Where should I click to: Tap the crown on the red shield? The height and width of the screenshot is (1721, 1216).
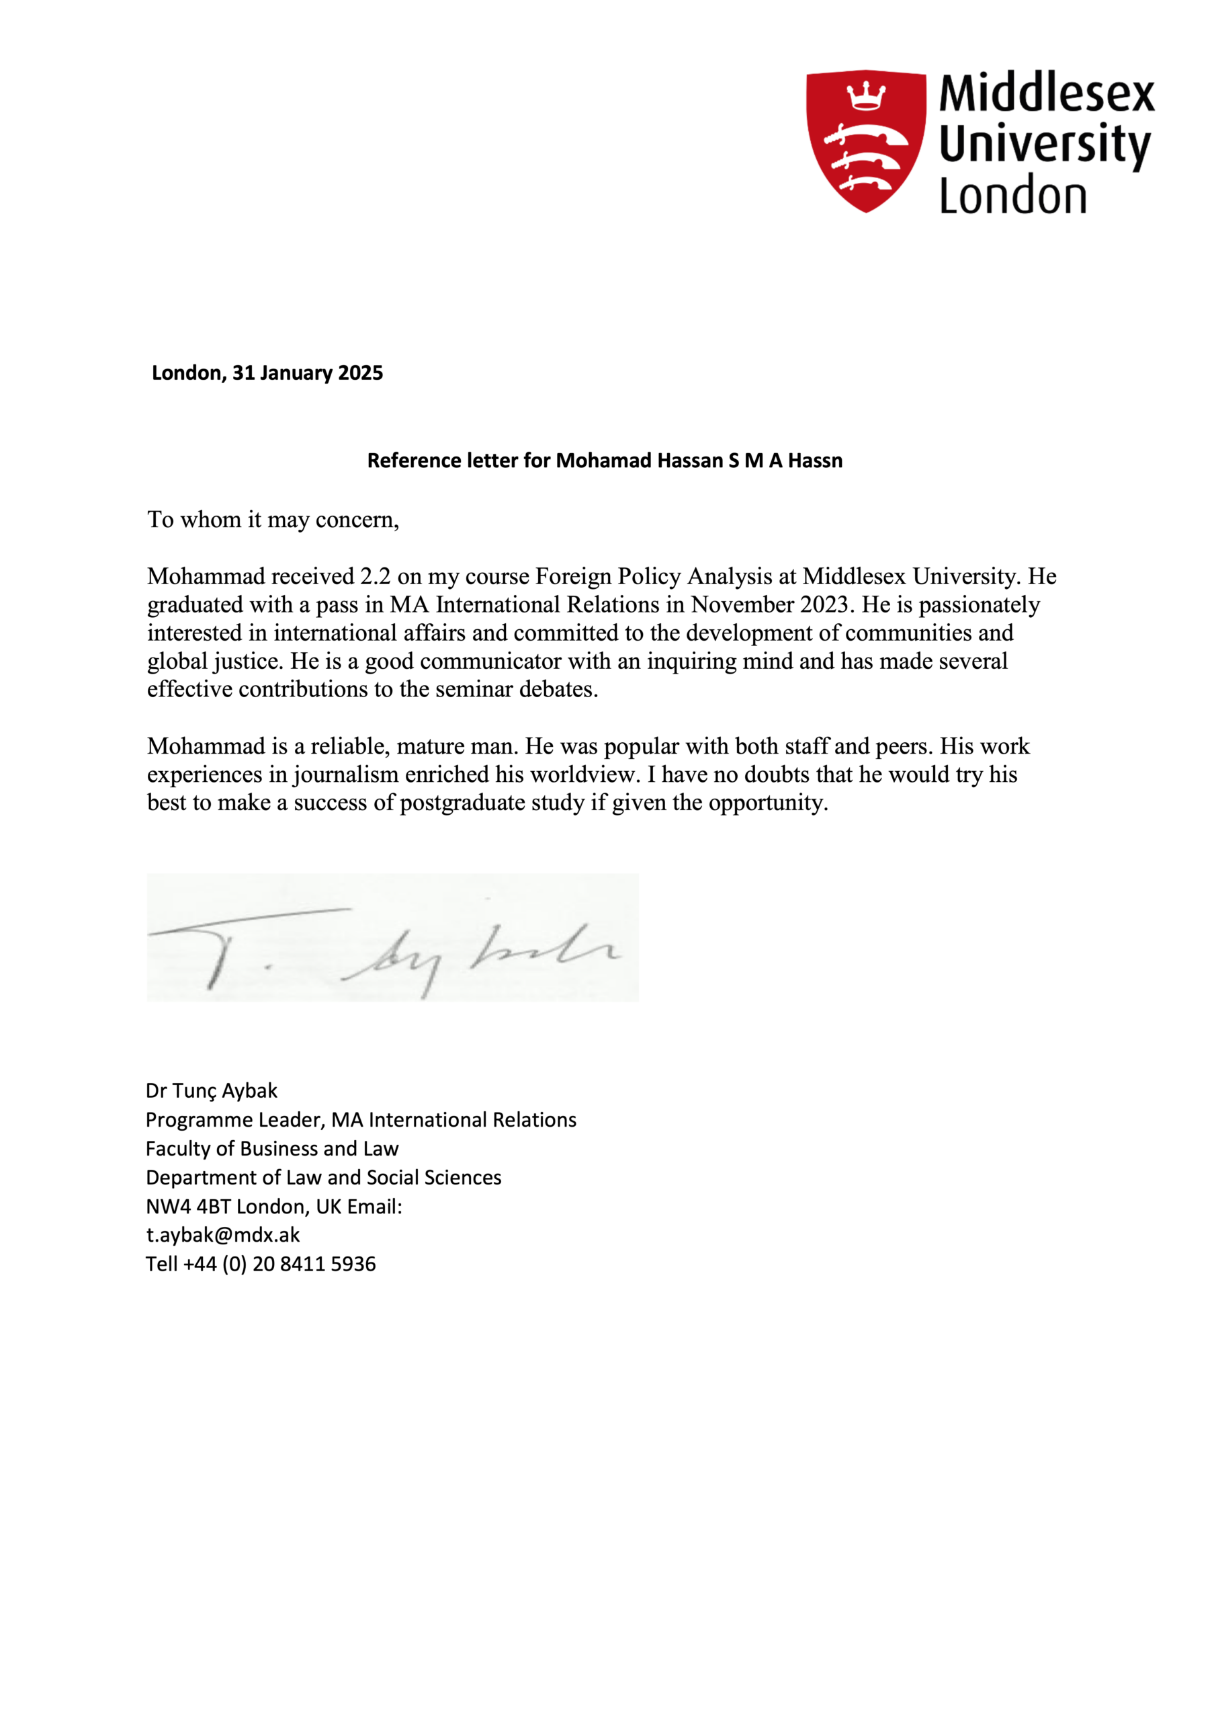coord(866,96)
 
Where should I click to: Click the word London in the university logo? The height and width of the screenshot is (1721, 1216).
coord(1012,196)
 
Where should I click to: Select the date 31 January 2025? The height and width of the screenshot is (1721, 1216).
coord(307,372)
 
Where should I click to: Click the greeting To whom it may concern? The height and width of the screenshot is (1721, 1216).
coord(273,520)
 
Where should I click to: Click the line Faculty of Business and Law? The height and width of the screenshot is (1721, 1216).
coord(272,1148)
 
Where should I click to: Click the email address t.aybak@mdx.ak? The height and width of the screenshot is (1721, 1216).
coord(222,1234)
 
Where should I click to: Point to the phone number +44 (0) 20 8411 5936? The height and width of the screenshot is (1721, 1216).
coord(279,1264)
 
